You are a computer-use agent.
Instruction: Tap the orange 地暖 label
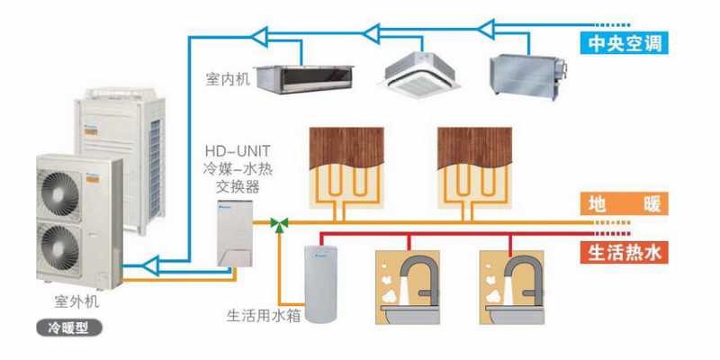click(625, 204)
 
